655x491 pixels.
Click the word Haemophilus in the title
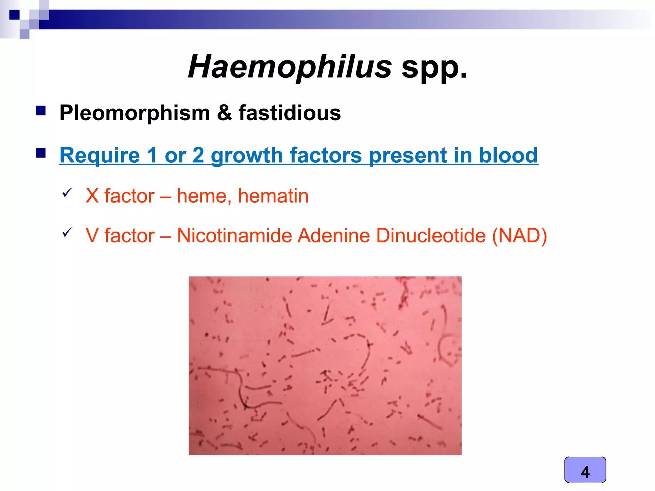289,66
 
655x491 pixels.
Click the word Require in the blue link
100,155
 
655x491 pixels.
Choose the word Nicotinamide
234,236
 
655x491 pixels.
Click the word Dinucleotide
431,236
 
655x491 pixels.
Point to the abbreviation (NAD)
519,236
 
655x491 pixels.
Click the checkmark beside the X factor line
67,192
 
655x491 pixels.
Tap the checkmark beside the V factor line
67,232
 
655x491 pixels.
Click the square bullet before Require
41,153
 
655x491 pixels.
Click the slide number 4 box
585,470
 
